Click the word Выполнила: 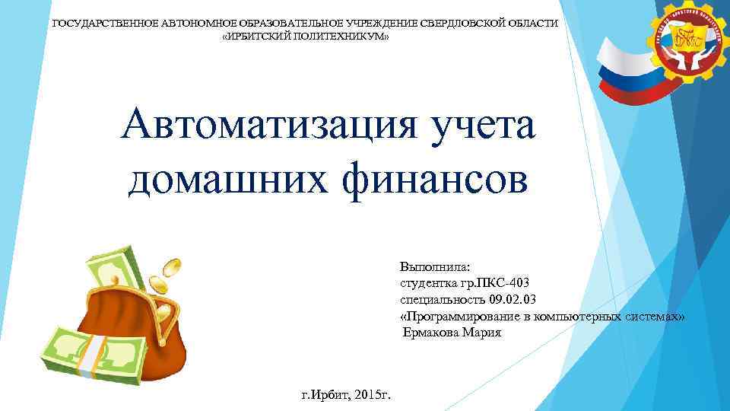click(435, 267)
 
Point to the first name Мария click(485, 333)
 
